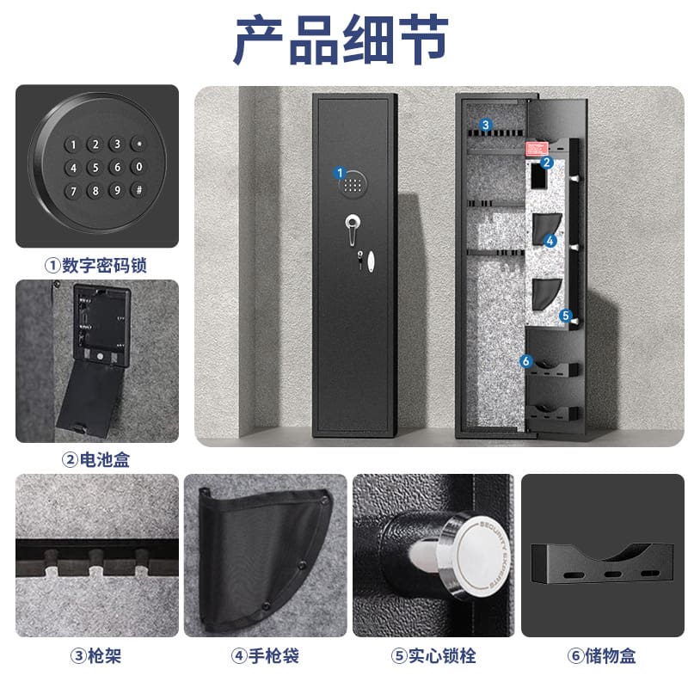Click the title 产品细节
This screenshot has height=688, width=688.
pyautogui.click(x=341, y=40)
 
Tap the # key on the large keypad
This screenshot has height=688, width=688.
pyautogui.click(x=139, y=190)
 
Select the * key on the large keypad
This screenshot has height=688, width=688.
pyautogui.click(x=139, y=144)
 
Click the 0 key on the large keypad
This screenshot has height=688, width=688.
pyautogui.click(x=139, y=167)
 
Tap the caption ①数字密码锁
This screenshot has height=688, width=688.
pyautogui.click(x=95, y=266)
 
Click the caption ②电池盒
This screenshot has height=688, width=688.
pyautogui.click(x=95, y=460)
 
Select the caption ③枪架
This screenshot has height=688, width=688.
pyautogui.click(x=95, y=656)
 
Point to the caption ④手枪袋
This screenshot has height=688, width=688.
pyautogui.click(x=265, y=656)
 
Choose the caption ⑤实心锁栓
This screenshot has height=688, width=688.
pyautogui.click(x=433, y=656)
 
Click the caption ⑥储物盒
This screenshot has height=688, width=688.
pyautogui.click(x=601, y=656)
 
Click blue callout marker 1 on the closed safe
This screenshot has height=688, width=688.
pyautogui.click(x=340, y=173)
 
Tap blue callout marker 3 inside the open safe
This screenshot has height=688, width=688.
pyautogui.click(x=485, y=125)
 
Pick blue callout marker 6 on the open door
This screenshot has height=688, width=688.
pyautogui.click(x=525, y=361)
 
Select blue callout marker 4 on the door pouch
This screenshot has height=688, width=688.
pyautogui.click(x=550, y=241)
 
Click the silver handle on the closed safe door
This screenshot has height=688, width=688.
pyautogui.click(x=352, y=228)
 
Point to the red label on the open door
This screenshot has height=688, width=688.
pyautogui.click(x=536, y=148)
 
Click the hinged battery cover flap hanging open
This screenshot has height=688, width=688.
pyautogui.click(x=91, y=399)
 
